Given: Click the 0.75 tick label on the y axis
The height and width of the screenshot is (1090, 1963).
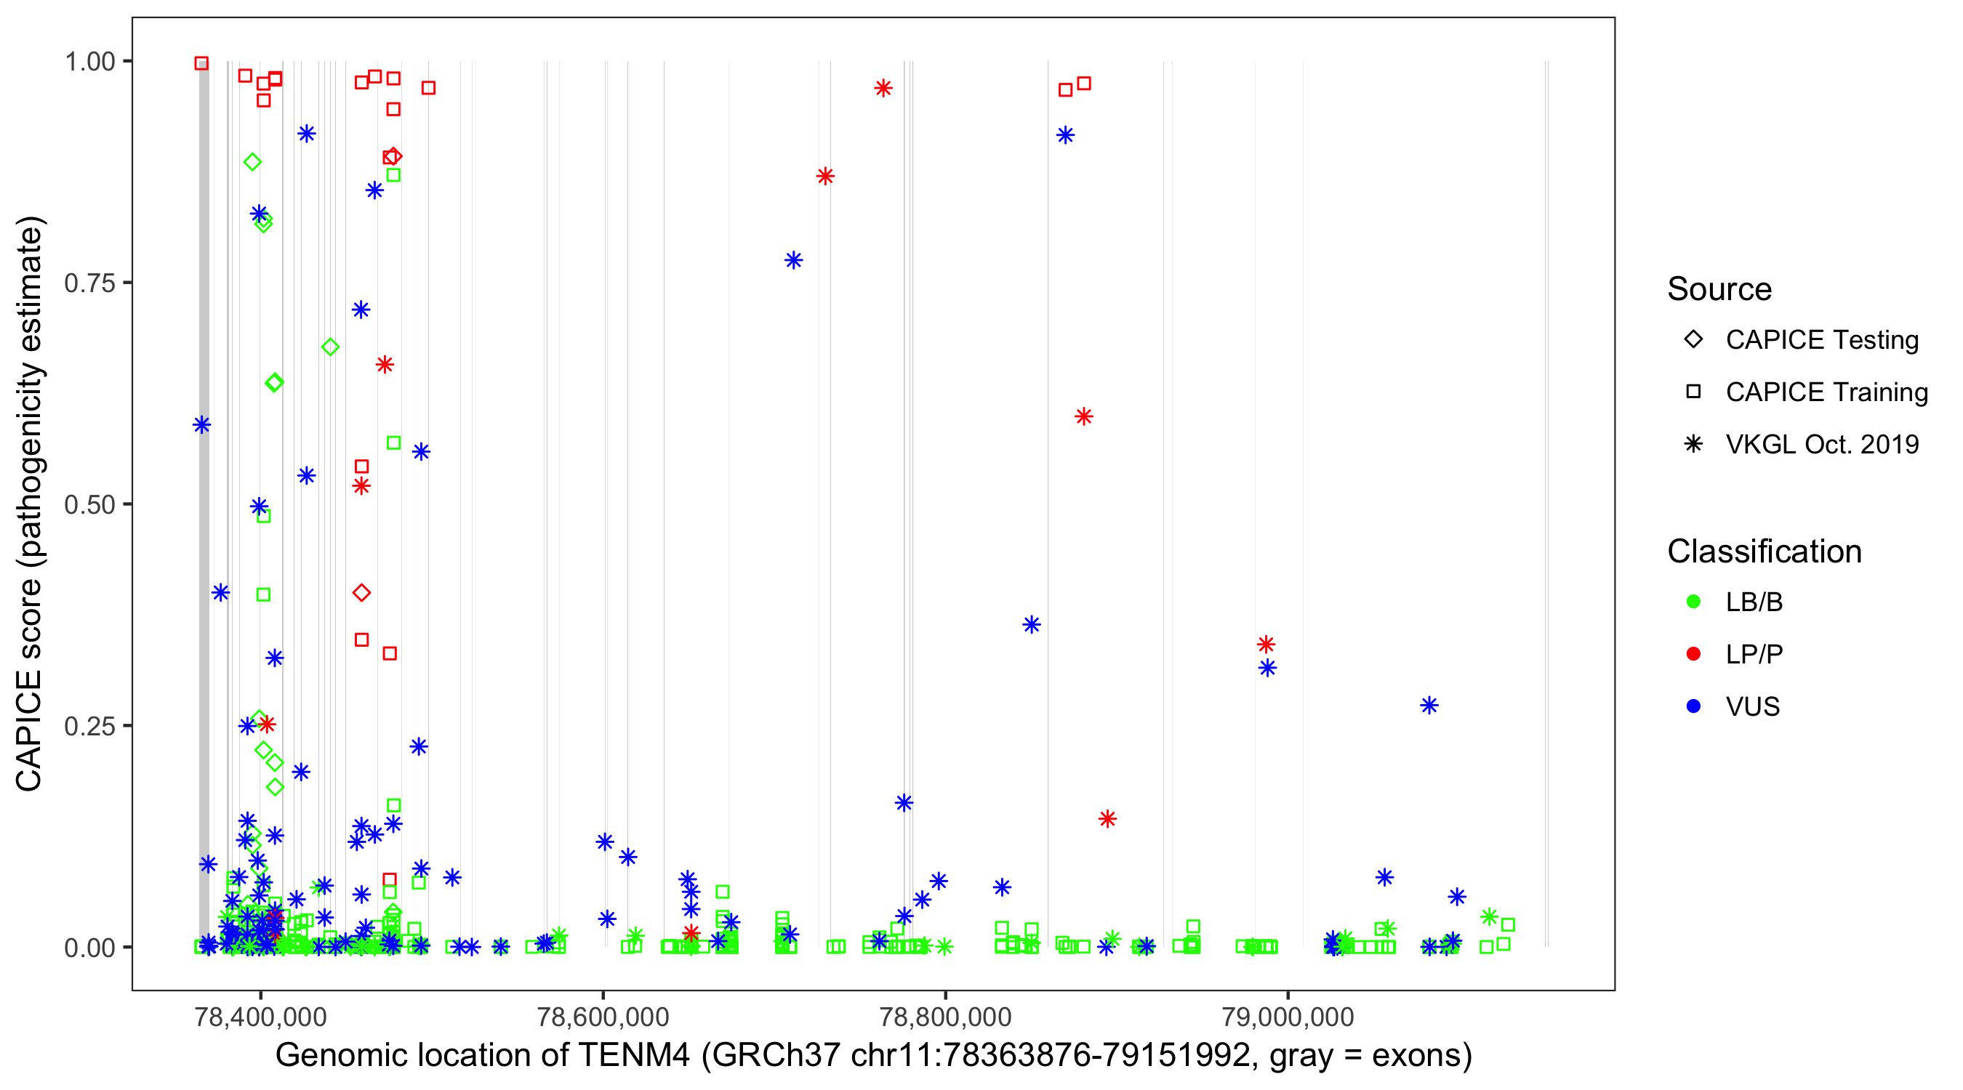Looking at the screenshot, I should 89,283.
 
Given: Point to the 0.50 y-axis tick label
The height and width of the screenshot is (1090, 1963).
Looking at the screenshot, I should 89,504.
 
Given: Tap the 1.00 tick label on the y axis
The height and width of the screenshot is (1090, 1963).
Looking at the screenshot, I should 89,61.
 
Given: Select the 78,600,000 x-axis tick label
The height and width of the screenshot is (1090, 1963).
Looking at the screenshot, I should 603,1016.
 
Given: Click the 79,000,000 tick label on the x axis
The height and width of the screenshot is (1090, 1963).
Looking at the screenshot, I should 1288,1016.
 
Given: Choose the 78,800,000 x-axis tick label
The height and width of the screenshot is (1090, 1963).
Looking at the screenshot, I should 945,1016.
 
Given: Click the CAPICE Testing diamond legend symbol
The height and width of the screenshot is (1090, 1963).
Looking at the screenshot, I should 1693,339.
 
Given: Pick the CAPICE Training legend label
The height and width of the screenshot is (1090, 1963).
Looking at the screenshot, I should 1826,392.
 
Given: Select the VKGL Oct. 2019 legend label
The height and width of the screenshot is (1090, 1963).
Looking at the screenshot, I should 1822,444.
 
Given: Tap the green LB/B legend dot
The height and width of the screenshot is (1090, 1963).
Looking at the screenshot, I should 1693,602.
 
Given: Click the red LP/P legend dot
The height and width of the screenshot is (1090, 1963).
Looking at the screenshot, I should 1693,653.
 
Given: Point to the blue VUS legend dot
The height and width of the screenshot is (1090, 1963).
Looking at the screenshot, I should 1693,706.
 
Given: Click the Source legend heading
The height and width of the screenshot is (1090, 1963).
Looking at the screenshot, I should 1719,288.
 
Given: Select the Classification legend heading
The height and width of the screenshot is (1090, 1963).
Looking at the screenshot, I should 1764,551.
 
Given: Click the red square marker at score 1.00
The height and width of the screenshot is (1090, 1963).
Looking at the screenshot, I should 201,63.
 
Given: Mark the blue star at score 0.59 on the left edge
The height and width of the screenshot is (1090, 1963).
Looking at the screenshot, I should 201,424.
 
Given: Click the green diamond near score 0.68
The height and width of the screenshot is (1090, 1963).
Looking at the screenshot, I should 330,347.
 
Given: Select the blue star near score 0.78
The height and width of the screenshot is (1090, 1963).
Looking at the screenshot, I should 793,260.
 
